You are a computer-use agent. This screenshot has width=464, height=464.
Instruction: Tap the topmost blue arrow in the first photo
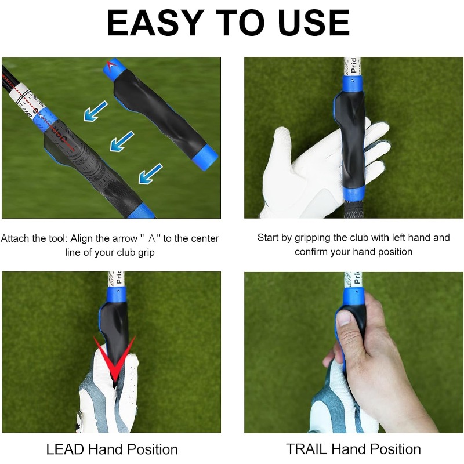96,111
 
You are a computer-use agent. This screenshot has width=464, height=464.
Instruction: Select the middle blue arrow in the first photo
122,142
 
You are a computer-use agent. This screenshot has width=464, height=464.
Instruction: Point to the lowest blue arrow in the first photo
151,173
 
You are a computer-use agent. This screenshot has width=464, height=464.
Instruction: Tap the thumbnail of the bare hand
345,318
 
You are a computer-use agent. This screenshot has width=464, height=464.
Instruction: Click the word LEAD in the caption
65,449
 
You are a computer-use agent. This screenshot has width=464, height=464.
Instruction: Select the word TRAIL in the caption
307,449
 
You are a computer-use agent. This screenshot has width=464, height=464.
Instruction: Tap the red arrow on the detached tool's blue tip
111,66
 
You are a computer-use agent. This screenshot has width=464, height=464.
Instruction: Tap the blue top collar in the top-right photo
353,84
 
